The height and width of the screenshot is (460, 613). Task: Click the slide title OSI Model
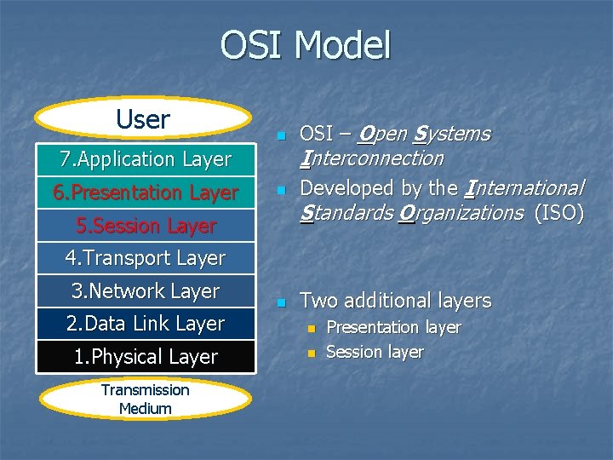[x=306, y=45]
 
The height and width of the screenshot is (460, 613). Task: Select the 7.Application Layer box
[x=146, y=159]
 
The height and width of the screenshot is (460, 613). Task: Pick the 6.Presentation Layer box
[x=146, y=193]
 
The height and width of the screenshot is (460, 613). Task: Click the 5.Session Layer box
[x=146, y=226]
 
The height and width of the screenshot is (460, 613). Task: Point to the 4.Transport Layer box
[x=146, y=258]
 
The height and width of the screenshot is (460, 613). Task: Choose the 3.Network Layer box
[x=146, y=291]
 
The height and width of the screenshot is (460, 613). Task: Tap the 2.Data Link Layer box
[x=146, y=324]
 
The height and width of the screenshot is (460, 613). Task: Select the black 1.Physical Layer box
[x=146, y=357]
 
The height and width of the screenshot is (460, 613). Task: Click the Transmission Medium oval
[x=145, y=399]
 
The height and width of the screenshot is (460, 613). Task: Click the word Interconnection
[x=372, y=158]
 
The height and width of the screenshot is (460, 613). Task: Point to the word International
[x=523, y=187]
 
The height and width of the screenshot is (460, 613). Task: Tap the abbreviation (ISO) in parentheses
[x=559, y=212]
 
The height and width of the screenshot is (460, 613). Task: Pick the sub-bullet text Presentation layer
[x=393, y=327]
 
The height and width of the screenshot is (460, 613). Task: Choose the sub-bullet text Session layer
[x=375, y=352]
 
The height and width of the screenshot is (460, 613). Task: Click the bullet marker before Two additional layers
[x=282, y=302]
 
